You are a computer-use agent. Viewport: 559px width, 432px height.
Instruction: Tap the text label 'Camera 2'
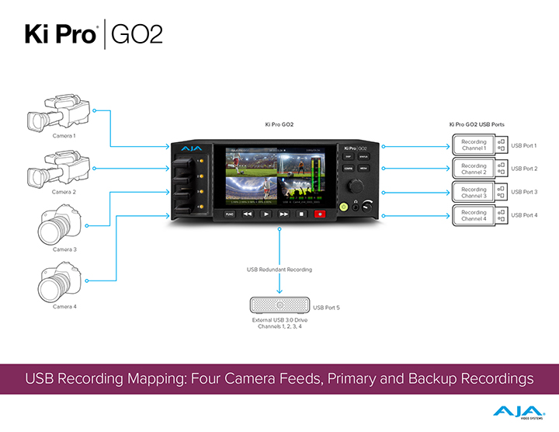pyautogui.click(x=64, y=192)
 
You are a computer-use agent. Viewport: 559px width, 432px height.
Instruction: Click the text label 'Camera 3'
pyautogui.click(x=64, y=249)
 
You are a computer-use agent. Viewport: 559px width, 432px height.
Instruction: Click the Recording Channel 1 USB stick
pyautogui.click(x=479, y=145)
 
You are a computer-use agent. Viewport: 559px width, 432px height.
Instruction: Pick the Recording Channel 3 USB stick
pyautogui.click(x=479, y=192)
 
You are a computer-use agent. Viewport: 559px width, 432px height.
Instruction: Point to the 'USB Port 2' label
pyautogui.click(x=524, y=169)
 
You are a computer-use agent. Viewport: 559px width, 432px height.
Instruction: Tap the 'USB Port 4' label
pyautogui.click(x=524, y=215)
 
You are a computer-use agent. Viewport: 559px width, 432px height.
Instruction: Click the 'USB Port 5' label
pyautogui.click(x=327, y=308)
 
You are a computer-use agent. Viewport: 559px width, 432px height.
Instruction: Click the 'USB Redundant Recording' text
pyautogui.click(x=279, y=270)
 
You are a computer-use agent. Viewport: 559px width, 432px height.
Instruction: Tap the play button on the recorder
pyautogui.click(x=266, y=212)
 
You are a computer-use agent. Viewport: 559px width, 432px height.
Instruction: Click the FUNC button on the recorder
pyautogui.click(x=229, y=212)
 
